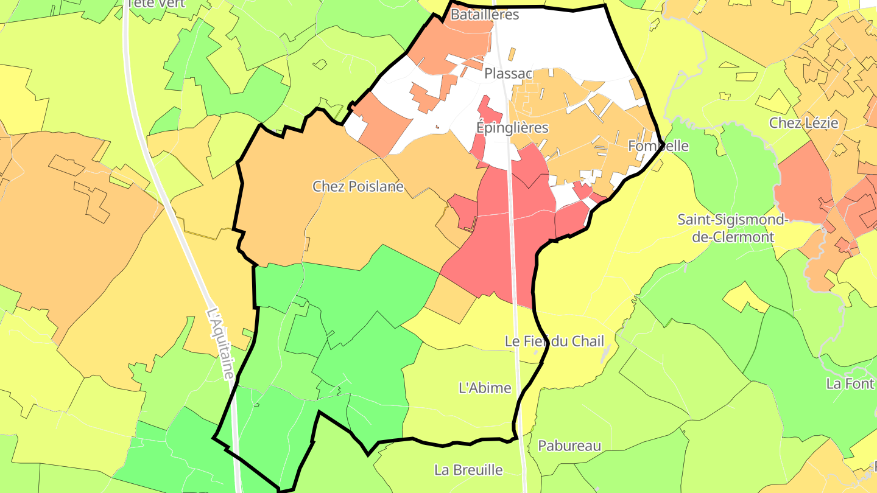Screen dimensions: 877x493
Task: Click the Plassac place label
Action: (x=509, y=74)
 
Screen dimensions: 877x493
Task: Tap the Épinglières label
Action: (x=512, y=128)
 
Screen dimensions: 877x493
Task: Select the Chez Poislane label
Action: (x=358, y=187)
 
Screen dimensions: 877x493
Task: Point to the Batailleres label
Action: (x=484, y=15)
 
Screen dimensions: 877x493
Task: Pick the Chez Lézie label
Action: (x=803, y=123)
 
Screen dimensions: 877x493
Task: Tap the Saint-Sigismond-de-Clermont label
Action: (x=733, y=228)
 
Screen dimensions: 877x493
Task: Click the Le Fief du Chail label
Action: (x=554, y=341)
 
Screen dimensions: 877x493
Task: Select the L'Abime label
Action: (x=485, y=388)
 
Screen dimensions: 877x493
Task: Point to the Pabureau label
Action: (x=569, y=446)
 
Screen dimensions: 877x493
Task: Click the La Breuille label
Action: (x=468, y=470)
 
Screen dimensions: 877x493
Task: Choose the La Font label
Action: (x=850, y=383)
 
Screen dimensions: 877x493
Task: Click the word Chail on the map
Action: (x=587, y=341)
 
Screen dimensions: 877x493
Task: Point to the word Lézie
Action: (x=820, y=123)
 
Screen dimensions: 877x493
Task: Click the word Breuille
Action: (x=480, y=470)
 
